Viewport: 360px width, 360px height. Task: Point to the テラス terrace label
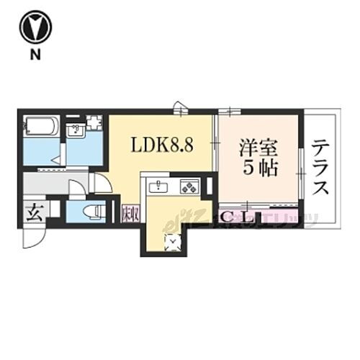coord(321,167)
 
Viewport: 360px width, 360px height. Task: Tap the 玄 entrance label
coord(33,214)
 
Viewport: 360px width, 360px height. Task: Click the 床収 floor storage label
coord(130,214)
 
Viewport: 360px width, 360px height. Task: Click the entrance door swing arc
coord(34,238)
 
